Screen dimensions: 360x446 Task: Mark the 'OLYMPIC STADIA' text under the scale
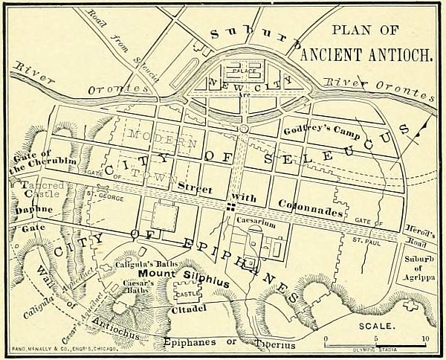(375, 348)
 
